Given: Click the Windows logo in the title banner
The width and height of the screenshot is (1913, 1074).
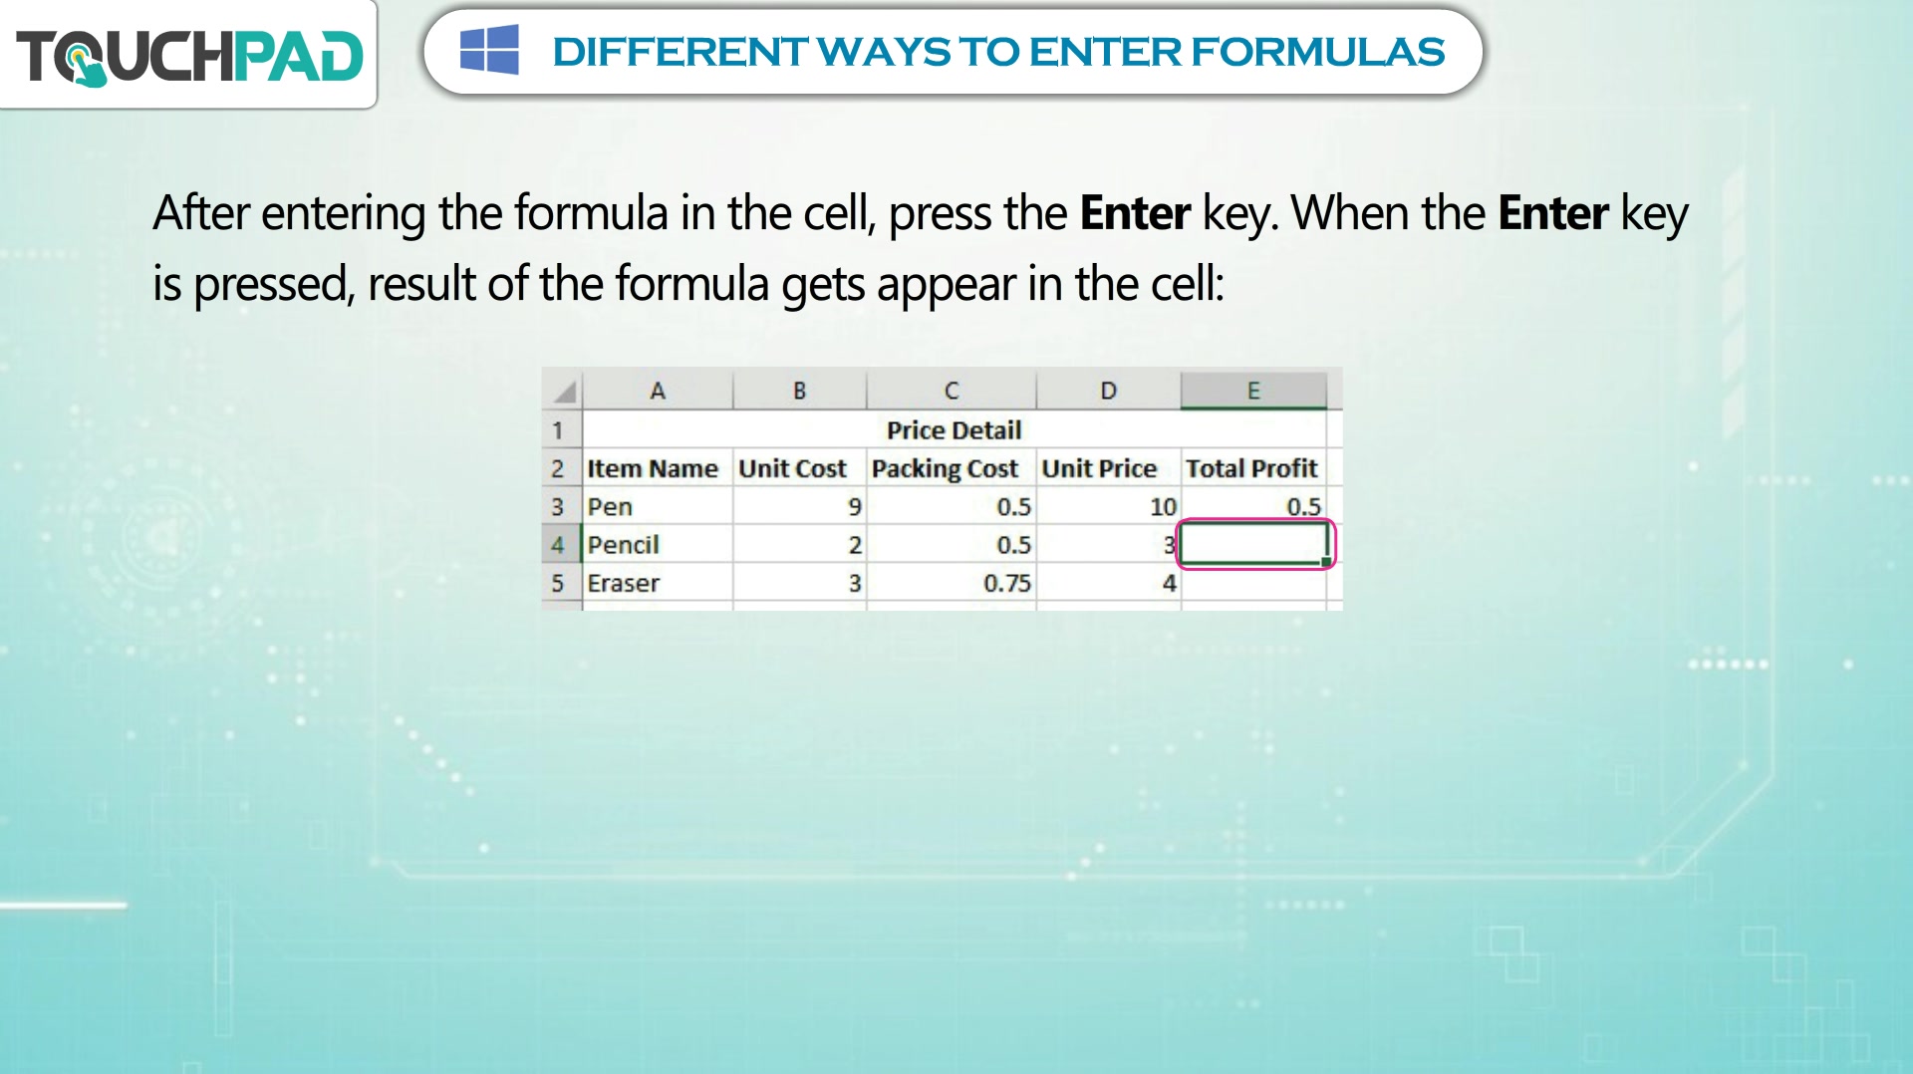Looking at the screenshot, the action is coord(489,50).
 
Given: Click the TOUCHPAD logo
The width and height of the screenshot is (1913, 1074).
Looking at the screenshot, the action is coord(189,56).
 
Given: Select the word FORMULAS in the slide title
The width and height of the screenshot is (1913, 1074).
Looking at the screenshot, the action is coord(1317,52).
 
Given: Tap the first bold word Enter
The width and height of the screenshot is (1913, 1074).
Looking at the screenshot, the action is coord(1135,213).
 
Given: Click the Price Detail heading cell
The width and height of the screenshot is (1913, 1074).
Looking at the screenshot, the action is coord(955,429).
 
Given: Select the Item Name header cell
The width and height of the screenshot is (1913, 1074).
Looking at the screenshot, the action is coord(658,468).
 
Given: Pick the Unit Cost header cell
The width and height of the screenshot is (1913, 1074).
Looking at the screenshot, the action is coord(799,468).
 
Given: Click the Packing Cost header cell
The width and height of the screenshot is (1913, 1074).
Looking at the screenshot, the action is coord(951,468).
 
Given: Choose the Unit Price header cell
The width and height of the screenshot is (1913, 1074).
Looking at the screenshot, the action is coord(1108,468).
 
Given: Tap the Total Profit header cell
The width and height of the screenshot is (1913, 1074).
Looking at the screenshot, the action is coord(1253,468).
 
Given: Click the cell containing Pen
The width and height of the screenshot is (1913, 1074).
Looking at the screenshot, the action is coord(658,506).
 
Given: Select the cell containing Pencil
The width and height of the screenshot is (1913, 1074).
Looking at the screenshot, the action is coord(658,545).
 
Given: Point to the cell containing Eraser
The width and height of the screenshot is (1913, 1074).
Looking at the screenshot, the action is coord(658,583).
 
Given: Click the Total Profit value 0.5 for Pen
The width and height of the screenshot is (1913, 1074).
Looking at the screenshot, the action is coord(1253,506).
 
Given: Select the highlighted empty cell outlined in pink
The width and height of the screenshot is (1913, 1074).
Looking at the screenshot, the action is coord(1254,544).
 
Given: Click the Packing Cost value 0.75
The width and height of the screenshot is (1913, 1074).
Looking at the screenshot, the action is coord(951,583).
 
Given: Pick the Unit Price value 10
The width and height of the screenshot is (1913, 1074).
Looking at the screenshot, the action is coord(1108,506).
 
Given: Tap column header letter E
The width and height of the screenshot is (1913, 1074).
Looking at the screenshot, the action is coord(1253,391).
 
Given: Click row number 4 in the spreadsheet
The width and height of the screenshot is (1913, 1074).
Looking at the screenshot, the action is coord(558,545).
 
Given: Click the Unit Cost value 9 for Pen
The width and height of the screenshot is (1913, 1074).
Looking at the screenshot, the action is coord(799,506).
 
